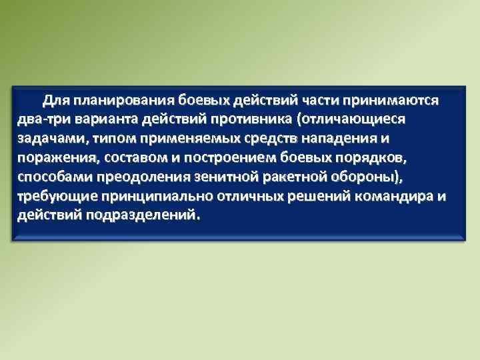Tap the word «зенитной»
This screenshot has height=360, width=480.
(x=217, y=178)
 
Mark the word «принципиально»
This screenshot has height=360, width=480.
(x=146, y=197)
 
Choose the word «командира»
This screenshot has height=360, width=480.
(x=398, y=197)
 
